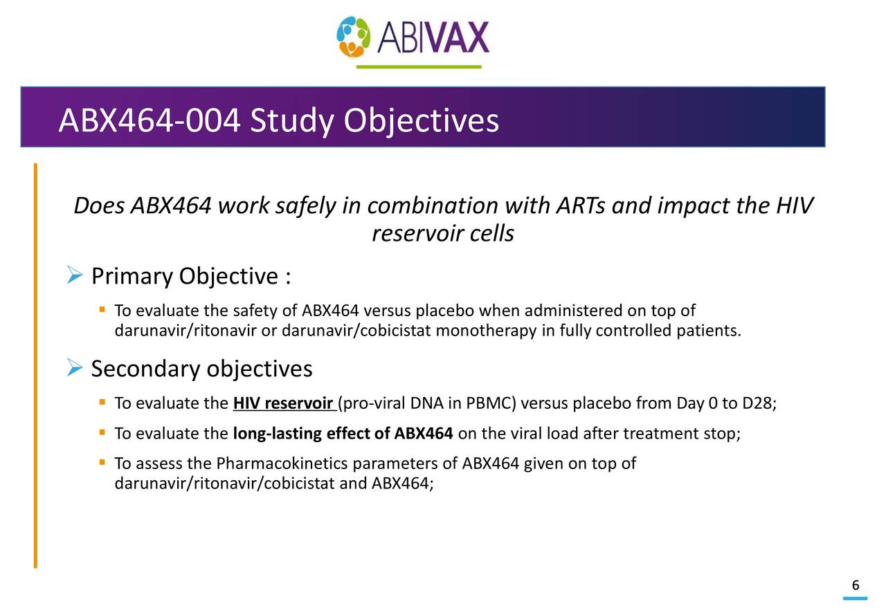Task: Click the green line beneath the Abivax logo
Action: coord(419,67)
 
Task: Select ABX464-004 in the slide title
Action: coord(150,121)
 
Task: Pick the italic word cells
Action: coord(491,235)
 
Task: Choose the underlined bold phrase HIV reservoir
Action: coord(284,404)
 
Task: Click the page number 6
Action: coord(856,586)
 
